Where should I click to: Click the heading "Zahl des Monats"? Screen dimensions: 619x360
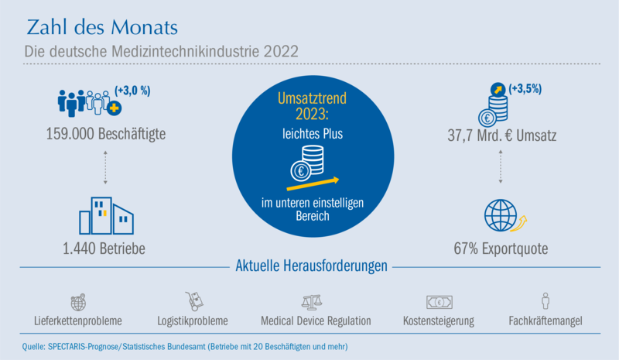pos(102,27)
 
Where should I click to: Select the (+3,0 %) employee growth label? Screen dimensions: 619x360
pos(132,91)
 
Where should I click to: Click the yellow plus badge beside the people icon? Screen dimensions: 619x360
pos(115,108)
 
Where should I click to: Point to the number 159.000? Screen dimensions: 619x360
pos(70,134)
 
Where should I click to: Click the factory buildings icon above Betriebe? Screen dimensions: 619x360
pos(106,216)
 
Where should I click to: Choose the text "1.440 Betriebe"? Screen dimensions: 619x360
pos(104,249)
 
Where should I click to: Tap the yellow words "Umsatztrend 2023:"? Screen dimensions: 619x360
pos(313,106)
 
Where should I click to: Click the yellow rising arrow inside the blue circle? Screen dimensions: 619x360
pos(313,184)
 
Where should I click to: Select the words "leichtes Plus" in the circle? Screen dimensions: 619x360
pos(313,134)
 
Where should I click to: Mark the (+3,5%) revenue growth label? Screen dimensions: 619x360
pos(525,88)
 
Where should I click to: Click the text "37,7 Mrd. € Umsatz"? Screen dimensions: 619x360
pos(502,135)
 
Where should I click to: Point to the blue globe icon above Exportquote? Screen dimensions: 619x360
pos(501,215)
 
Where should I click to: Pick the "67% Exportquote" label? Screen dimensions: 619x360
pos(501,249)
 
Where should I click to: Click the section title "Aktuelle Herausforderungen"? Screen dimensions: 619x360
pos(312,266)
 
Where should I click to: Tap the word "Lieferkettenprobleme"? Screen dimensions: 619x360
pos(78,321)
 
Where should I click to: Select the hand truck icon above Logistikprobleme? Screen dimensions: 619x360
pos(194,301)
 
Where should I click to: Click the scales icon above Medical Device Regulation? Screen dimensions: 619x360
pos(312,302)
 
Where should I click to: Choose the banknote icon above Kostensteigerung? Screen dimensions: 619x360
pos(439,302)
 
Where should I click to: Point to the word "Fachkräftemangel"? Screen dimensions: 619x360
pos(545,321)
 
